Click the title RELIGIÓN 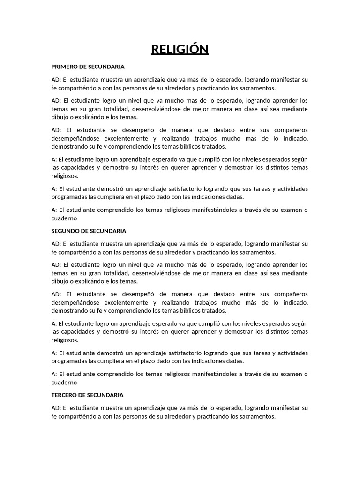click(180, 49)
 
